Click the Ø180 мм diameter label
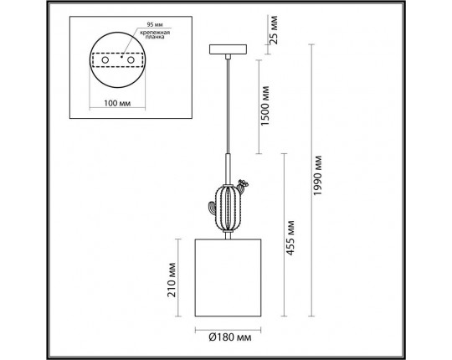pyautogui.click(x=230, y=337)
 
